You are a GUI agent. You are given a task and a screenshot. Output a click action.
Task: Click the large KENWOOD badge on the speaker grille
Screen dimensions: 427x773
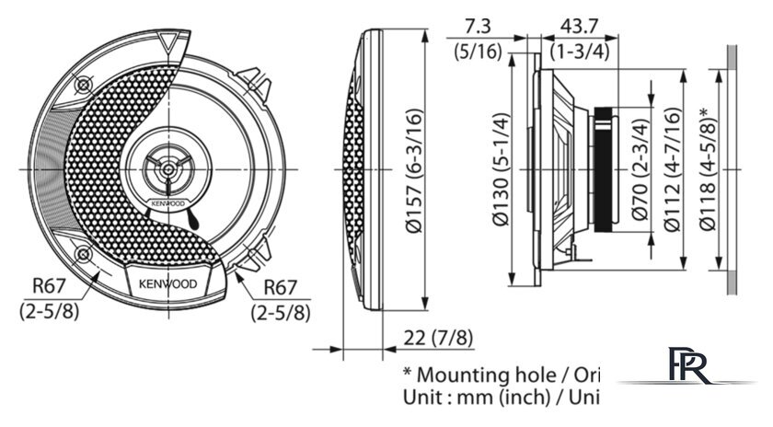pos(167,283)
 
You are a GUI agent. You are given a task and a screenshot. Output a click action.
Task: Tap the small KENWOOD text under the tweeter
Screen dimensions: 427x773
pos(167,202)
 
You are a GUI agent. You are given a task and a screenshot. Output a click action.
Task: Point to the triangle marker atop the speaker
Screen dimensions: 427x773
pos(167,42)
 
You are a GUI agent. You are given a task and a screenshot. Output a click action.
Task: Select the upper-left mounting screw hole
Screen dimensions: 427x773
pos(84,84)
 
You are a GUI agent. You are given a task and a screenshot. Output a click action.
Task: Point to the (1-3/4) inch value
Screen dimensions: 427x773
pos(580,52)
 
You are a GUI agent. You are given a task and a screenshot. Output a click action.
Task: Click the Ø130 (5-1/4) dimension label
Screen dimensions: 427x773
pos(501,169)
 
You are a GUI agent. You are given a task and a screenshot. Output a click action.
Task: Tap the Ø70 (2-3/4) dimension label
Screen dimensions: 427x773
pos(639,171)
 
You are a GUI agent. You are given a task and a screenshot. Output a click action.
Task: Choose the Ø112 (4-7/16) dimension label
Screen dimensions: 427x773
pos(673,171)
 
